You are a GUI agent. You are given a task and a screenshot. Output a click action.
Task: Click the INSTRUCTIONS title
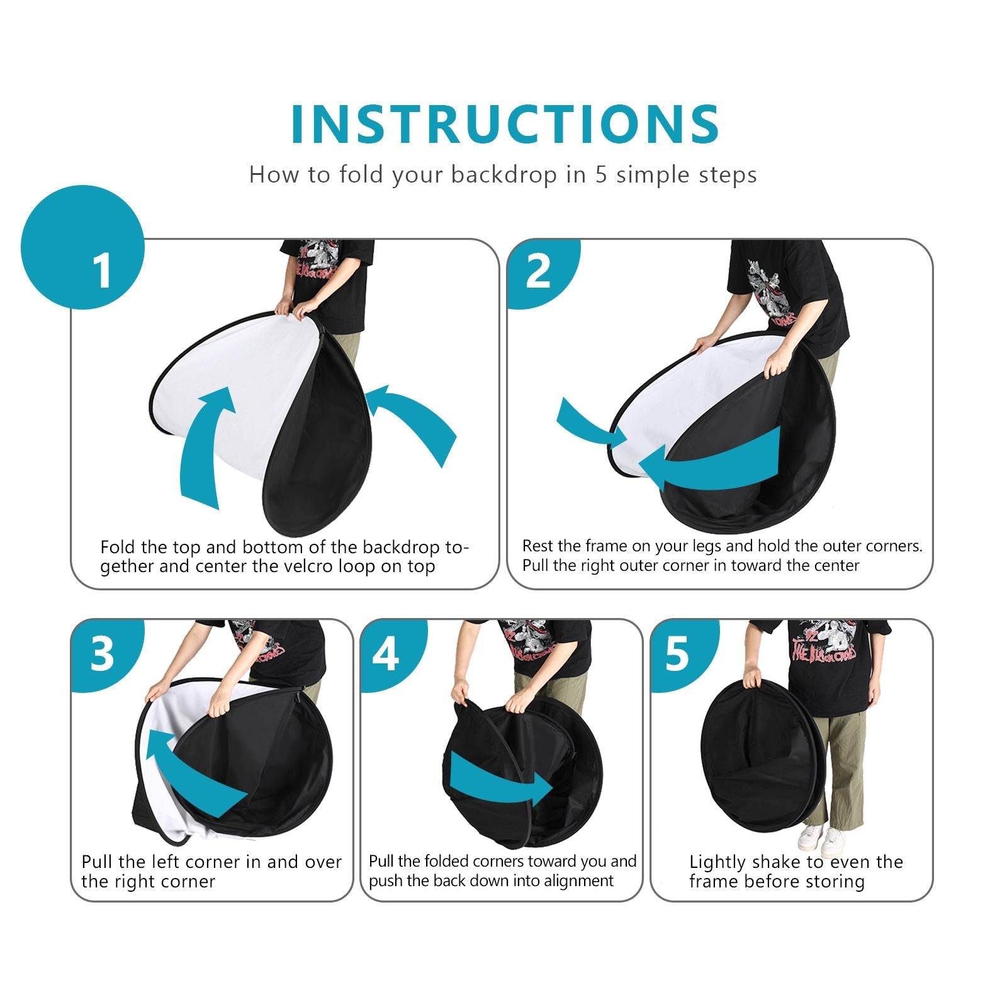505,124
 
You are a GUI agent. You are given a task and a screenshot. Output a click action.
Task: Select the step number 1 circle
83,247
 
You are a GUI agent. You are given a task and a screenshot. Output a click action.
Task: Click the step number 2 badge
543,273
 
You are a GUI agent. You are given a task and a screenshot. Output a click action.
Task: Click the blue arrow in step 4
500,780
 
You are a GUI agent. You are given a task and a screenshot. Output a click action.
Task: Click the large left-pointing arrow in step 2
711,459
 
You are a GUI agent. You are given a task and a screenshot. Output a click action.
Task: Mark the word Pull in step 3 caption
97,862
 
